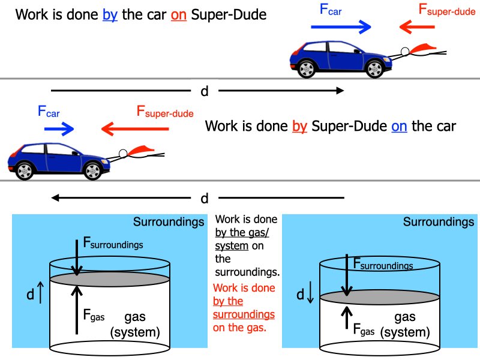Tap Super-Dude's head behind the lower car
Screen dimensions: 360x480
(123, 154)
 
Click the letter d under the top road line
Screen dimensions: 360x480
(205, 92)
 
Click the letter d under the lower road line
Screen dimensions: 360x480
(205, 198)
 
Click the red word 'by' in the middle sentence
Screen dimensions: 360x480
(299, 127)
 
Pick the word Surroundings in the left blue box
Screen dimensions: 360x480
(169, 222)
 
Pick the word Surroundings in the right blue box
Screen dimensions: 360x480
(439, 222)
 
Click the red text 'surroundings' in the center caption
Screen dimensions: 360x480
(244, 314)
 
